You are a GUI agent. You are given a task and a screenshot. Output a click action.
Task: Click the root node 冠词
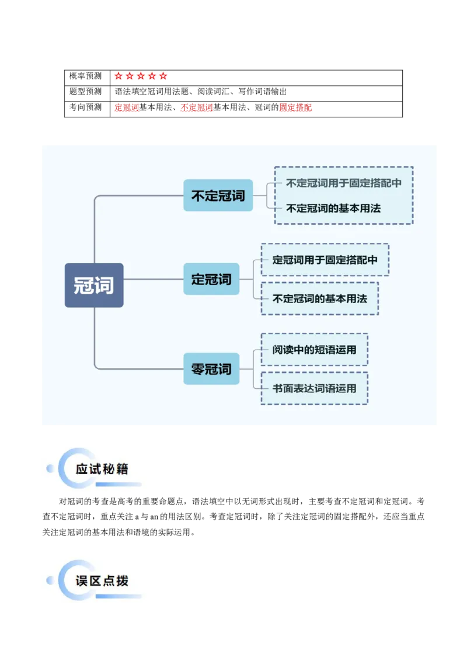pos(93,285)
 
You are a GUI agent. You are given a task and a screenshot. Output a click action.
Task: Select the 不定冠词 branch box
pos(218,196)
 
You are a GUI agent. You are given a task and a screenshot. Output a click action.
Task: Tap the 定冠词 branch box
pos(211,279)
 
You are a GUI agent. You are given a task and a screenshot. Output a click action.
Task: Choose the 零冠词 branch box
pos(211,369)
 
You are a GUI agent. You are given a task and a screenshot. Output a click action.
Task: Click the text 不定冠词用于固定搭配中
pos(343,183)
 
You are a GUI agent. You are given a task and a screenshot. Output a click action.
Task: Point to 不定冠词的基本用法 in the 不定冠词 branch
pos(333,208)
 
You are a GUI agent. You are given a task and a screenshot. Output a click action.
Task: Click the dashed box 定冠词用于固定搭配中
pos(325,260)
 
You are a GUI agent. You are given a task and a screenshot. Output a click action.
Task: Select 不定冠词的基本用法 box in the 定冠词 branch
pos(319,298)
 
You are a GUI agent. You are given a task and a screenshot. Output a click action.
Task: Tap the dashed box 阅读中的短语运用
pos(314,350)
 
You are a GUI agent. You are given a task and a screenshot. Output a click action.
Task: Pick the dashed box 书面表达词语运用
pos(314,388)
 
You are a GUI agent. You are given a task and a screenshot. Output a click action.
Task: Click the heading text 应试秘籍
pos(102,469)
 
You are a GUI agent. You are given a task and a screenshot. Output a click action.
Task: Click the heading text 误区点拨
pos(102,581)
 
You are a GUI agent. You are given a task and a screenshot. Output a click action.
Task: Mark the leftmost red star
pos(119,76)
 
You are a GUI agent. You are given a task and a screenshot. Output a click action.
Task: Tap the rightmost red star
pos(163,76)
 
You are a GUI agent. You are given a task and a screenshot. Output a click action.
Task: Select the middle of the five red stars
pos(141,76)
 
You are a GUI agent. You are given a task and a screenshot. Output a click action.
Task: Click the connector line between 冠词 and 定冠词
pos(153,279)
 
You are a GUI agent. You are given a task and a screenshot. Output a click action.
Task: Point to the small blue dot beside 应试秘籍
pos(50,468)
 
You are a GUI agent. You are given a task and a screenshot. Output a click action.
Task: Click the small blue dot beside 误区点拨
pos(50,580)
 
